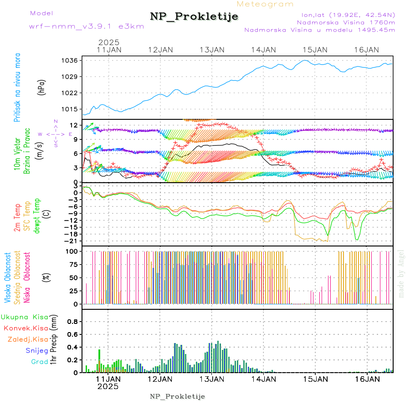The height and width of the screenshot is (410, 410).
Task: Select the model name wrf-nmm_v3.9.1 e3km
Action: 87,26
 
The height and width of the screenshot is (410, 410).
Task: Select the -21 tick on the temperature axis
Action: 71,241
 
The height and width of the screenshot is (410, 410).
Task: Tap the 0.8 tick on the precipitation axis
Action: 72,322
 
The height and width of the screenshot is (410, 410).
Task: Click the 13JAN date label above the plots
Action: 212,50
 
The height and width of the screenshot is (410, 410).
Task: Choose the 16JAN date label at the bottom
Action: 367,379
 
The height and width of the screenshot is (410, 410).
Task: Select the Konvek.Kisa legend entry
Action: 26,328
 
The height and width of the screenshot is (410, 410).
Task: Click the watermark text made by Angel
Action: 401,273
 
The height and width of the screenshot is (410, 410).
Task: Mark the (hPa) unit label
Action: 41,87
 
